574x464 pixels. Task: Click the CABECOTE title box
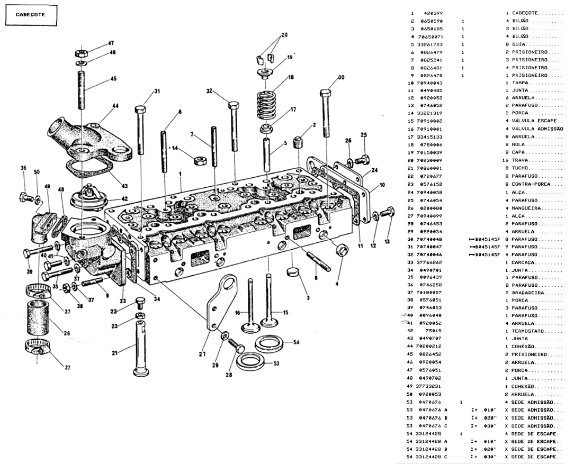pos(30,15)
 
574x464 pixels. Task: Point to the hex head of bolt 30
pos(325,94)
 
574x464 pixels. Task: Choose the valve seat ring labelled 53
pos(250,362)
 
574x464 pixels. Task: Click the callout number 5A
pos(297,343)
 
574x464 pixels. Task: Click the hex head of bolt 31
pos(140,110)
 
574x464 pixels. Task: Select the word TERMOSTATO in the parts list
pos(530,331)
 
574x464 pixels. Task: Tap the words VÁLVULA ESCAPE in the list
pos(534,121)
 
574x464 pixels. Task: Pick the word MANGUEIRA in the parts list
pos(528,208)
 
